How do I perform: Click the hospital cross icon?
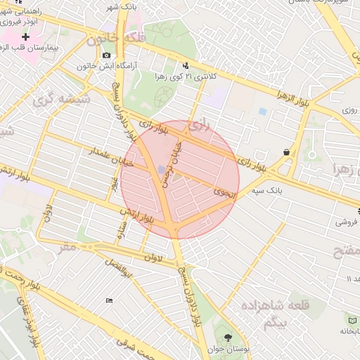pyautogui.click(x=26, y=37)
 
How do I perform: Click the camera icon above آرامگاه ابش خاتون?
pyautogui.click(x=106, y=55)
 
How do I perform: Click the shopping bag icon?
pyautogui.click(x=286, y=152)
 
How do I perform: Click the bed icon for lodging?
pyautogui.click(x=109, y=302)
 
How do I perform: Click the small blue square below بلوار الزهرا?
pyautogui.click(x=262, y=112)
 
